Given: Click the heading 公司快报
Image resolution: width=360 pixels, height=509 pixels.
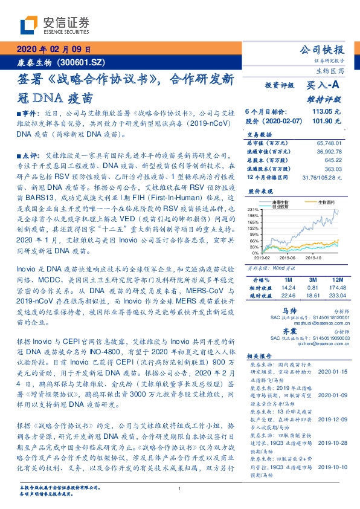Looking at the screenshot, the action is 322,49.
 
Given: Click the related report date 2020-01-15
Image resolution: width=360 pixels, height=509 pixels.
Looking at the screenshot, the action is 327,373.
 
